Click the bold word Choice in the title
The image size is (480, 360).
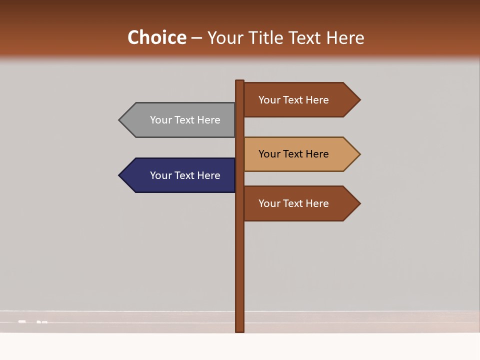click(156, 37)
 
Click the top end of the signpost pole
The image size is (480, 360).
click(240, 81)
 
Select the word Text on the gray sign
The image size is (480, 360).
click(185, 120)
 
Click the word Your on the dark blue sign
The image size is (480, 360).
click(161, 175)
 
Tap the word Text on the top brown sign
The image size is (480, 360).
click(293, 100)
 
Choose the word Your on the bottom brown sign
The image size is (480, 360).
click(269, 203)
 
